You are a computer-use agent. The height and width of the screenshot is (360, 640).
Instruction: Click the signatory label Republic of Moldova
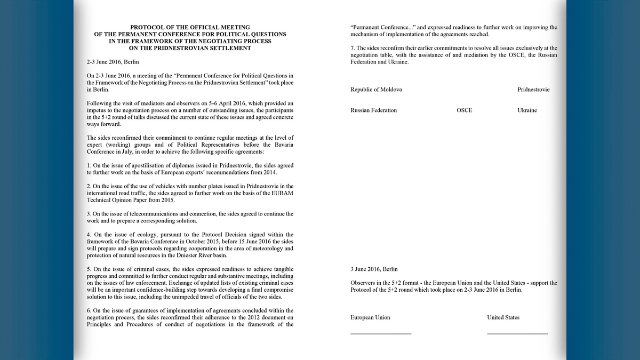[x=376, y=90]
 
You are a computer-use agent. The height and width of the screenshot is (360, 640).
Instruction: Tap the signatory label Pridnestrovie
[x=533, y=90]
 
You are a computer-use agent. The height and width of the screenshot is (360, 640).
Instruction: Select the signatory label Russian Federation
[x=373, y=110]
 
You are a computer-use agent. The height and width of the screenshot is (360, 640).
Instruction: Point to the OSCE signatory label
[x=464, y=110]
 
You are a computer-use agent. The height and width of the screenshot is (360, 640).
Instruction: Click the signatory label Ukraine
[x=527, y=110]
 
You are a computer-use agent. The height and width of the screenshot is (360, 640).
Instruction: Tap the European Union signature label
[x=370, y=317]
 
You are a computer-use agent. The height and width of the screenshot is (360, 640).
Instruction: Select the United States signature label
[x=503, y=317]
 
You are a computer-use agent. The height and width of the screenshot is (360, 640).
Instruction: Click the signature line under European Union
[x=381, y=334]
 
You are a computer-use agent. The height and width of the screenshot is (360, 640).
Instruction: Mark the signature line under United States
[x=517, y=334]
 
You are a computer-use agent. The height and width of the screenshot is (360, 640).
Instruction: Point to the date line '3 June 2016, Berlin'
[x=374, y=269]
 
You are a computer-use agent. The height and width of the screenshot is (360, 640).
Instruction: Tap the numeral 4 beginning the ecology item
[x=88, y=235]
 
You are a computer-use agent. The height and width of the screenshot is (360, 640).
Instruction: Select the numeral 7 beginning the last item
[x=352, y=48]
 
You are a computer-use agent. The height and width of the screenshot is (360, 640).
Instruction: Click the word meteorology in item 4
[x=262, y=249]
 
